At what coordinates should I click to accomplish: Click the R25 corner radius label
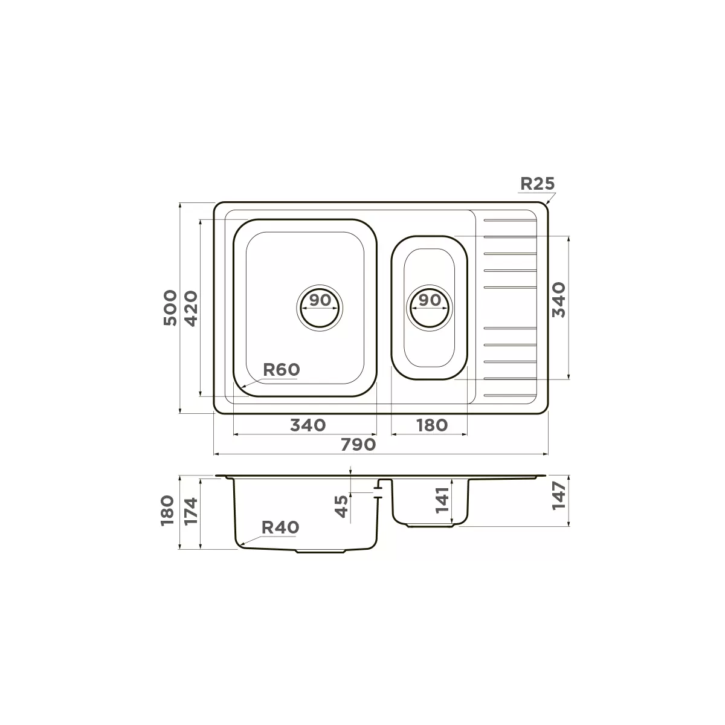pos(537,184)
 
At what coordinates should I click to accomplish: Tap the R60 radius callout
pos(281,370)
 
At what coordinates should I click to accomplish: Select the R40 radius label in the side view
pos(280,527)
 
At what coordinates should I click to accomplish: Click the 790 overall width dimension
pos(358,445)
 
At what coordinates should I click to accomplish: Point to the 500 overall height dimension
pos(170,308)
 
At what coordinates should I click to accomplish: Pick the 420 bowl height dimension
pos(191,309)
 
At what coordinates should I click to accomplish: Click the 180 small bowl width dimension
pos(432,425)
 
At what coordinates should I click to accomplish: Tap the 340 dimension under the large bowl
pos(308,425)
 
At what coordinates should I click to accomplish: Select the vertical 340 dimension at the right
pos(558,300)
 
